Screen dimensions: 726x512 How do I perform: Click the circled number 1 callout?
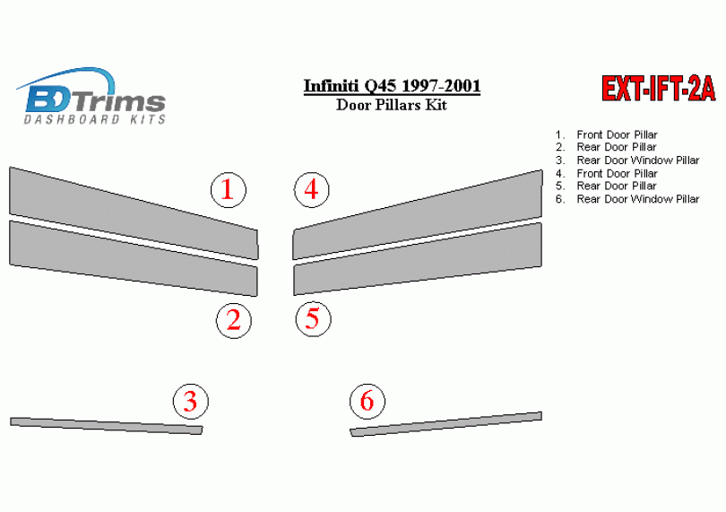229,190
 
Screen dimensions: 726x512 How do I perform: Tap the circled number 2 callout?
234,321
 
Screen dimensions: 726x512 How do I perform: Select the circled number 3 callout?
191,401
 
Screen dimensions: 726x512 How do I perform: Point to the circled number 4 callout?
312,189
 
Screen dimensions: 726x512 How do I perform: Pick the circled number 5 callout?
314,319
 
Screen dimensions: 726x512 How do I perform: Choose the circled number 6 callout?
367,401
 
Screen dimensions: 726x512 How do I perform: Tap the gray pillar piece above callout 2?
134,258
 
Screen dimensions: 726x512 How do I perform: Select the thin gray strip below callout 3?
107,426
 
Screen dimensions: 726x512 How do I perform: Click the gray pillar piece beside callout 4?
418,214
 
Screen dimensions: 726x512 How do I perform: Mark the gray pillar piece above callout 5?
418,259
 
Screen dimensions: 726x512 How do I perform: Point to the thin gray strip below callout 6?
445,424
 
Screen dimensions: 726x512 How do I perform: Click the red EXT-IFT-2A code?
659,89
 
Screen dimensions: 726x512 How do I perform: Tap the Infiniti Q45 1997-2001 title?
392,86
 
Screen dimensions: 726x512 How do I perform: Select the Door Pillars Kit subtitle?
392,105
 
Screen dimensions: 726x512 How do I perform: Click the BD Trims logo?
91,96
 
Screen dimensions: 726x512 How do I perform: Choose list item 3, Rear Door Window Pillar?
627,161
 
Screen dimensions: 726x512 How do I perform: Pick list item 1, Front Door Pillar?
607,135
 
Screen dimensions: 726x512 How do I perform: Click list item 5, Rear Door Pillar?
606,186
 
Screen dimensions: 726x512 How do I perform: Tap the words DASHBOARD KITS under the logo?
95,119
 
